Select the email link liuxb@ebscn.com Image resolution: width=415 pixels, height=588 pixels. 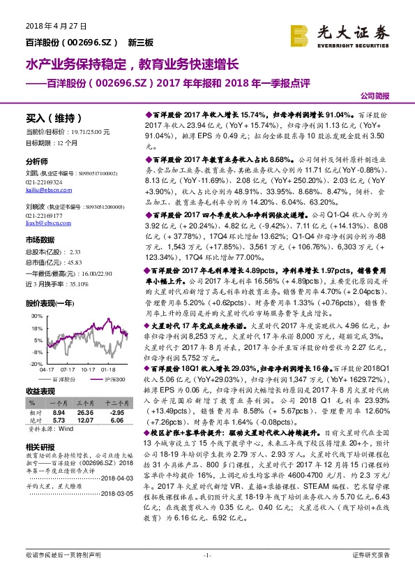pos(46,224)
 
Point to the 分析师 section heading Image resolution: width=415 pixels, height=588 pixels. pos(36,161)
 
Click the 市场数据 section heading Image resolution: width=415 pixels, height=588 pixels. pos(39,240)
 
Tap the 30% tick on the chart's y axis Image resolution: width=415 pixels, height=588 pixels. pos(34,316)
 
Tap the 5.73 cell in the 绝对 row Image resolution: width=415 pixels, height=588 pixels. pos(59,420)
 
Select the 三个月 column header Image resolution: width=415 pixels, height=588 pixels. pos(84,404)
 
